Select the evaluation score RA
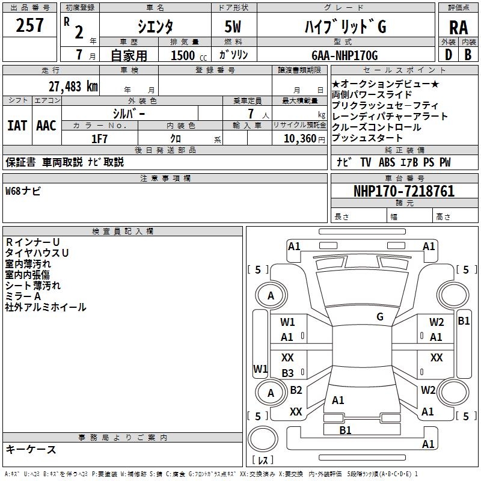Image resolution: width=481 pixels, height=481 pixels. tap(458, 28)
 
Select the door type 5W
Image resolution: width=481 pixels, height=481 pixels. tap(233, 28)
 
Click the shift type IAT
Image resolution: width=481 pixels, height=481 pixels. tap(17, 125)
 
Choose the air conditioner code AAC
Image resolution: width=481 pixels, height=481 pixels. tap(46, 125)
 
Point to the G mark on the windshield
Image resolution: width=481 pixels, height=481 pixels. tap(380, 316)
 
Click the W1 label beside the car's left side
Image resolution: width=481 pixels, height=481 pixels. tap(260, 368)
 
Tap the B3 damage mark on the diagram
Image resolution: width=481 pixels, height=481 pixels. tap(287, 373)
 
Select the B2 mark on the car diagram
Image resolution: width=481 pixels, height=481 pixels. tap(296, 390)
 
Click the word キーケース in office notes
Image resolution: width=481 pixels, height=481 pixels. tap(31, 450)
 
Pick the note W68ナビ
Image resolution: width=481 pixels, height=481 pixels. tap(23, 192)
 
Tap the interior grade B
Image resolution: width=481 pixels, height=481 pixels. tap(468, 54)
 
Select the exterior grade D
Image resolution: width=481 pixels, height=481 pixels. tap(448, 54)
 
